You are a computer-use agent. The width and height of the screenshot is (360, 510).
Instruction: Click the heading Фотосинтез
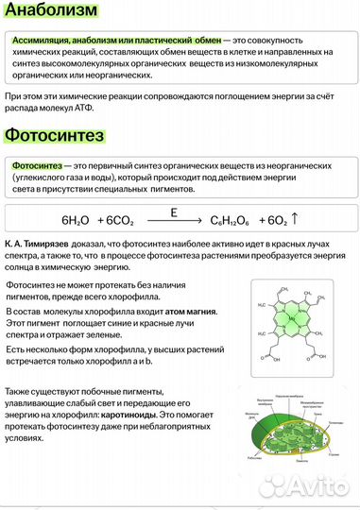(54, 136)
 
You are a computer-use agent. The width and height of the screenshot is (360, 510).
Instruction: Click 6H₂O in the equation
(76, 220)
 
